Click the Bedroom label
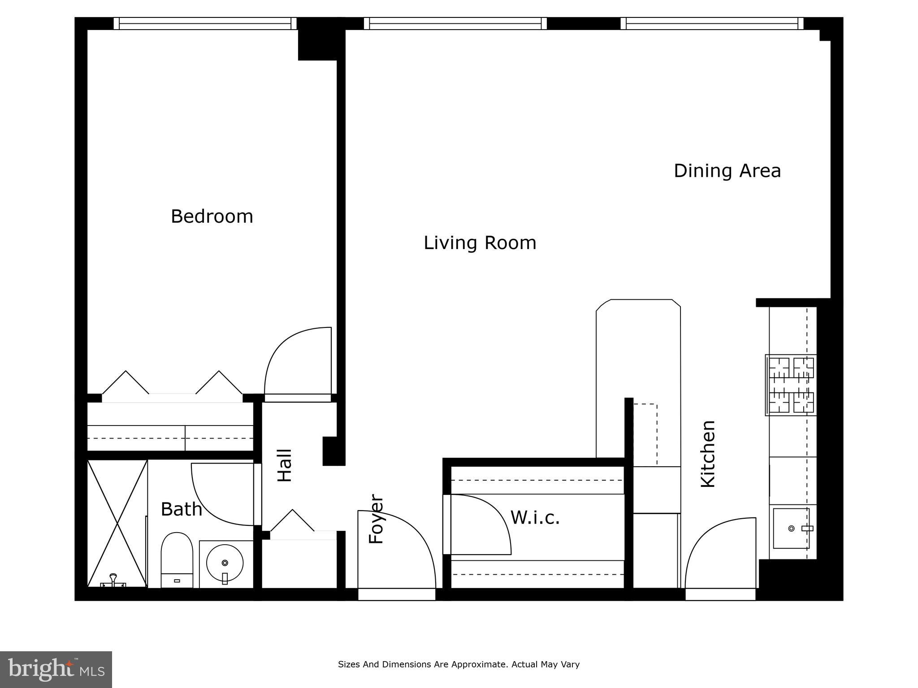tap(212, 217)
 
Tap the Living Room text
tap(480, 243)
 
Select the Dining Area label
tap(727, 171)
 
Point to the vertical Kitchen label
tap(708, 454)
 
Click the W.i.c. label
tap(535, 518)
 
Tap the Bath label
tap(181, 509)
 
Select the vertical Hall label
tap(285, 465)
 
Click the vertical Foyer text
tap(376, 519)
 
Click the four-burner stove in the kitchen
tap(791, 385)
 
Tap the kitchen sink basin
tap(791, 529)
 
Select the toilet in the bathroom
tap(177, 560)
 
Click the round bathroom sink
tap(225, 563)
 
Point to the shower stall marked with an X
tap(117, 523)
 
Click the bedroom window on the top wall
tap(205, 23)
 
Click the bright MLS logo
tap(56, 669)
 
